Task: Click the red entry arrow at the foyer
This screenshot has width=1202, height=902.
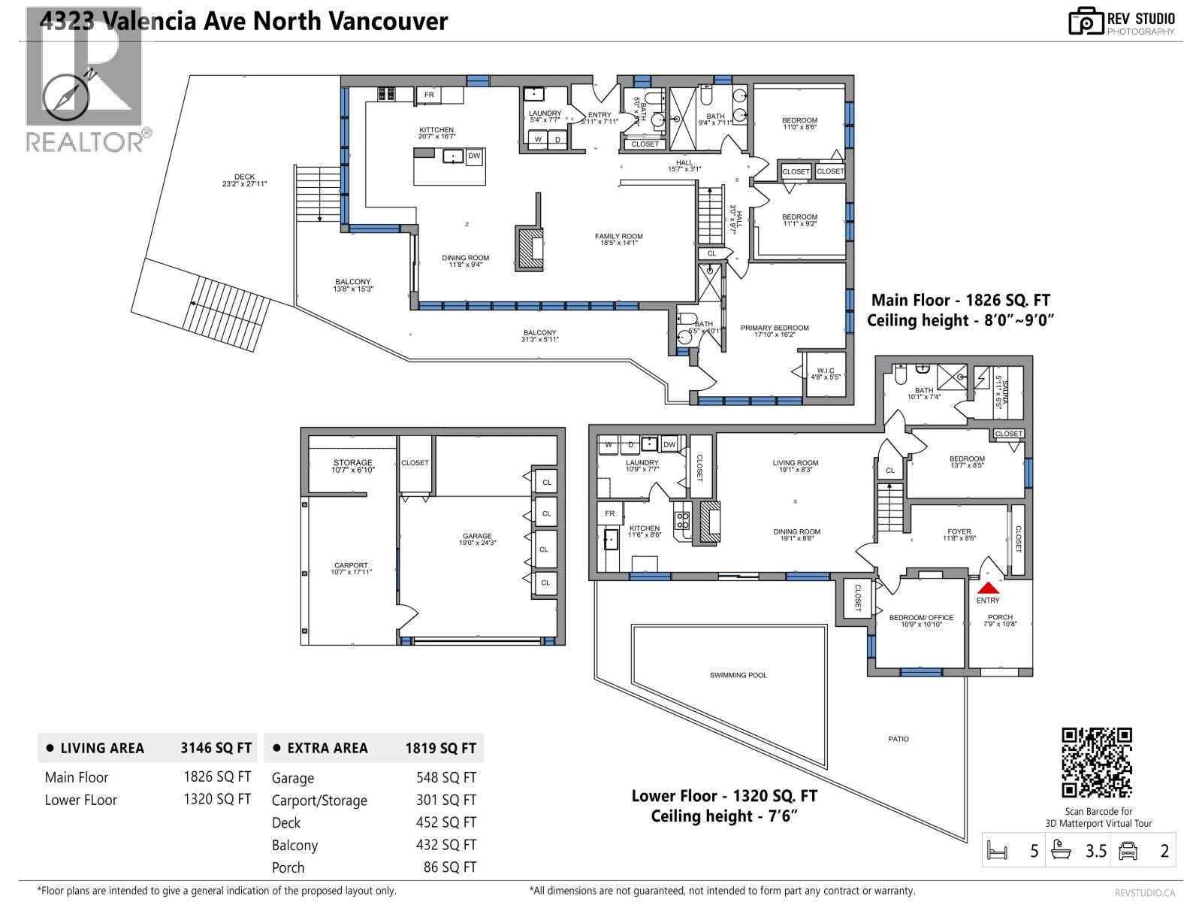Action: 988,588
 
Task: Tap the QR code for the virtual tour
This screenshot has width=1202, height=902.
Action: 1096,762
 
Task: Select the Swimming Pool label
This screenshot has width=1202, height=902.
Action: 738,675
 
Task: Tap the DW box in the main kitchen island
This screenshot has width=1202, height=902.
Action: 473,156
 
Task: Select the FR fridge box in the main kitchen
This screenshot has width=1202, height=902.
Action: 429,95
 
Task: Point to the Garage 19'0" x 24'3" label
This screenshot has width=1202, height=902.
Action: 477,539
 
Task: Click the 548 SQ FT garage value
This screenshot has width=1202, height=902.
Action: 445,778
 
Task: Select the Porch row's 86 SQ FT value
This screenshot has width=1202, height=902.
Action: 449,867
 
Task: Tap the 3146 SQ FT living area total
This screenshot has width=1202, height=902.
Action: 216,748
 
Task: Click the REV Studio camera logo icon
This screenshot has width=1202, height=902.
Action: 1086,21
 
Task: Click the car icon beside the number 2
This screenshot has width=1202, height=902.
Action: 1128,851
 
